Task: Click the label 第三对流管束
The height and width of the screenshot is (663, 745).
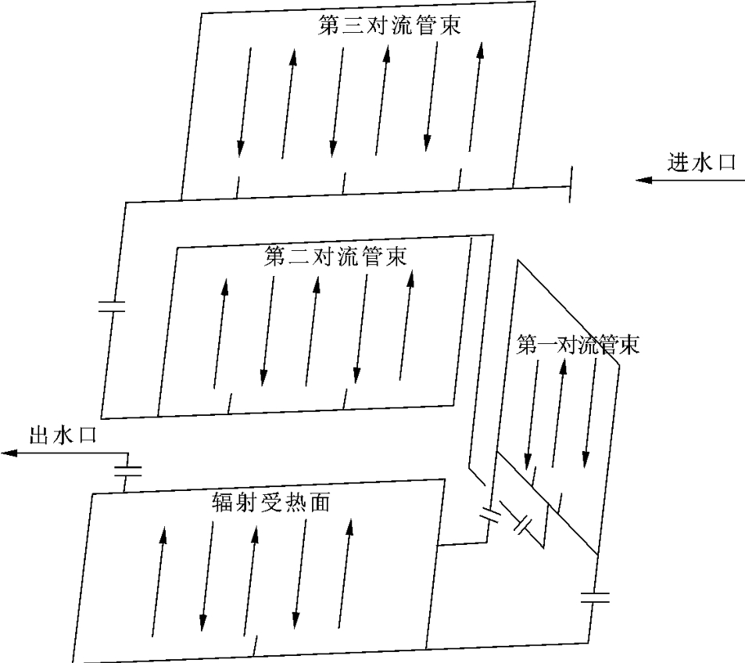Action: [389, 26]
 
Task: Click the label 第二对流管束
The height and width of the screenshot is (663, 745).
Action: [335, 256]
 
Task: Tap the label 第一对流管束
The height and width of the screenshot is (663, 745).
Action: [578, 346]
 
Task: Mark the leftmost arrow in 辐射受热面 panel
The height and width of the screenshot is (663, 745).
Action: [159, 579]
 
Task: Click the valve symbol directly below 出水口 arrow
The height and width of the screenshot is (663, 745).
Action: [127, 471]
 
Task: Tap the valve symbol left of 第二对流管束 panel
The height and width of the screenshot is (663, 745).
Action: [112, 306]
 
